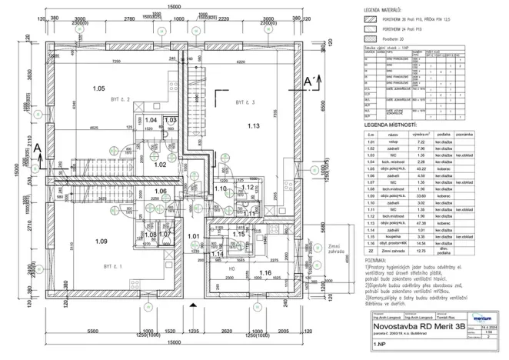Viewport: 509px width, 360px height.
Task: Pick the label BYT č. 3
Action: pos(245,101)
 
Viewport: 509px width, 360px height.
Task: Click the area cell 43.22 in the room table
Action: pos(421,168)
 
